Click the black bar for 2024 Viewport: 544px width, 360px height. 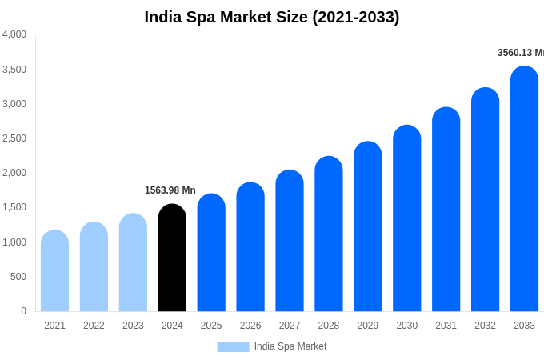[x=172, y=258]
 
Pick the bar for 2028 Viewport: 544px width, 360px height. [x=328, y=234]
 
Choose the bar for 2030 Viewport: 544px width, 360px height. [x=406, y=218]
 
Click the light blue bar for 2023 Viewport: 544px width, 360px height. [x=133, y=262]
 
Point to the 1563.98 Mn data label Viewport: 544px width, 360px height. [x=170, y=190]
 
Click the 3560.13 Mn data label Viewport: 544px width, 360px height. [x=520, y=53]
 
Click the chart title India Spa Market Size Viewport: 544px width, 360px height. [x=271, y=17]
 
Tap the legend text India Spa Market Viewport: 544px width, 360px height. [x=290, y=346]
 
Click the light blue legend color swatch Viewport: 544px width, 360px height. [x=233, y=347]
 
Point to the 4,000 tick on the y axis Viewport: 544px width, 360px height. [x=14, y=34]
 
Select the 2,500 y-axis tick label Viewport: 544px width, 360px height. [x=14, y=138]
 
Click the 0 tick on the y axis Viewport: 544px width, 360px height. [x=23, y=311]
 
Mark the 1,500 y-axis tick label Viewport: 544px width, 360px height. [x=14, y=207]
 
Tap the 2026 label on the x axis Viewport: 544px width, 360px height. [x=250, y=326]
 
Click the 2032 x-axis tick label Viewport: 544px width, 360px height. [x=485, y=326]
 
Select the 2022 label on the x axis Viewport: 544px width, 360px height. [x=94, y=326]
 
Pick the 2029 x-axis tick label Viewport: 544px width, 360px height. [x=367, y=326]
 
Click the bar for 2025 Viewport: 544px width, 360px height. [x=211, y=253]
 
